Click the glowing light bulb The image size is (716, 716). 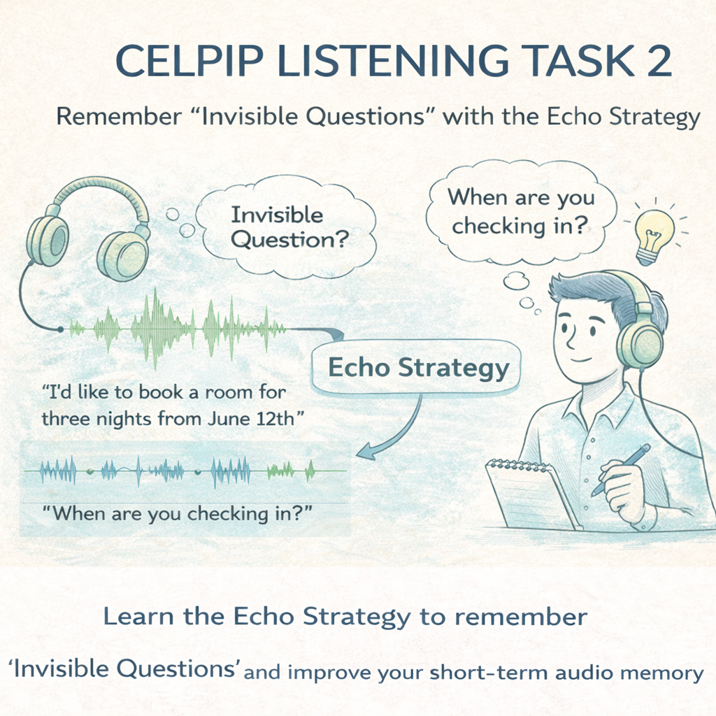point(653,231)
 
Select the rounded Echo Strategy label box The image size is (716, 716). point(417,368)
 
